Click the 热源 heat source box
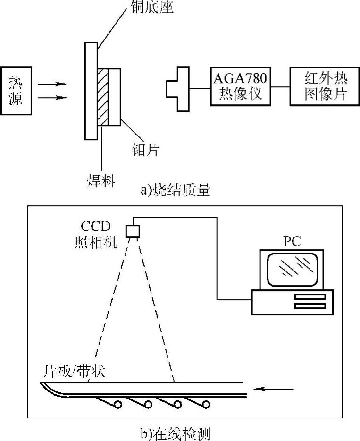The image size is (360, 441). click(16, 91)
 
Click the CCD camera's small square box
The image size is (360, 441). click(133, 231)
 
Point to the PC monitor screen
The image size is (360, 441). click(292, 269)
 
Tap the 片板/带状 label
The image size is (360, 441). click(73, 370)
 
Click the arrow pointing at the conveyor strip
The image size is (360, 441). click(274, 389)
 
